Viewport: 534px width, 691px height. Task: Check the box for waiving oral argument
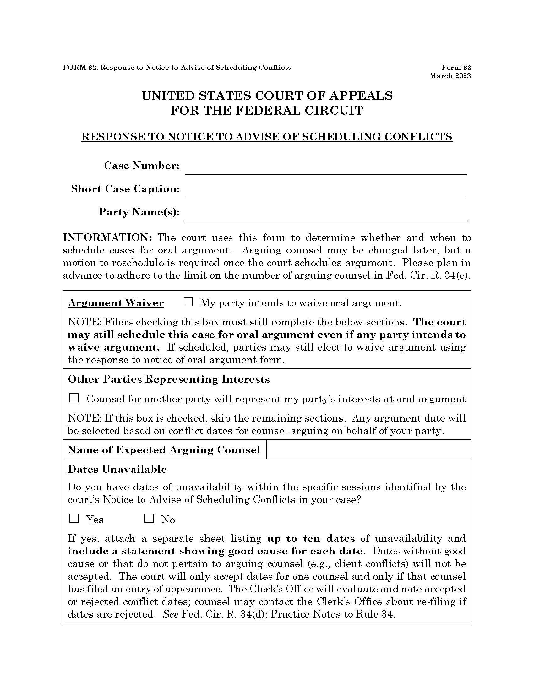coord(188,302)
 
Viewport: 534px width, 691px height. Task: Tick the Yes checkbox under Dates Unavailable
coord(74,519)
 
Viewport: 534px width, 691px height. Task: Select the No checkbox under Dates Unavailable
coord(149,519)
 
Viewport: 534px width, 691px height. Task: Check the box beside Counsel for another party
coord(74,398)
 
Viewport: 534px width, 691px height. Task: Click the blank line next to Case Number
coord(325,168)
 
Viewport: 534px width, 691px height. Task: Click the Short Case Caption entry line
coord(325,191)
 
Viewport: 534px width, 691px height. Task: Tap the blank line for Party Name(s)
coord(325,214)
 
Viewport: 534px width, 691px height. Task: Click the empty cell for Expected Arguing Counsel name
coord(368,449)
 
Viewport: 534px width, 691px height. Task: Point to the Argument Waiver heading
coord(116,303)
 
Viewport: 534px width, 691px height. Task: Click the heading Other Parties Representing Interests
coord(169,379)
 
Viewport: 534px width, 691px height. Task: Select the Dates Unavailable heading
coord(117,469)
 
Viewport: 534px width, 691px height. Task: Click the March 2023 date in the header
coord(450,76)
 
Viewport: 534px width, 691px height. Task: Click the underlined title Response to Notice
coord(267,137)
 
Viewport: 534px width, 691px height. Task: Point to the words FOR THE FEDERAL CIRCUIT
coord(267,111)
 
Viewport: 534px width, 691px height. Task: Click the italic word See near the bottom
coord(171,614)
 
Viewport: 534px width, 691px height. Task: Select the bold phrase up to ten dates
coord(311,538)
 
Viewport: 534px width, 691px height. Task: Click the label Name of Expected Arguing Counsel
coord(164,449)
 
